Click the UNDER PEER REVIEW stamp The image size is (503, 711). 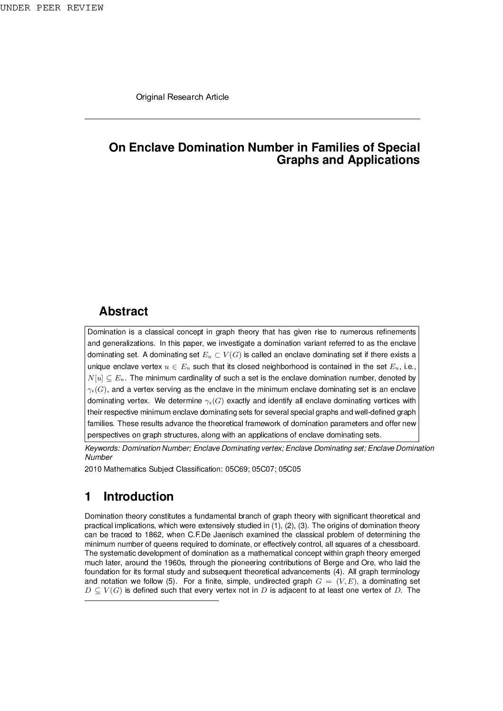click(x=52, y=8)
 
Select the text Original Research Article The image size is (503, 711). click(x=182, y=97)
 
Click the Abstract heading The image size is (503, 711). click(x=123, y=312)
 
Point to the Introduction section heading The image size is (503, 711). click(x=138, y=496)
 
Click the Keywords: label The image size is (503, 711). click(x=103, y=448)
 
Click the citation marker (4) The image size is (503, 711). click(x=336, y=572)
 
